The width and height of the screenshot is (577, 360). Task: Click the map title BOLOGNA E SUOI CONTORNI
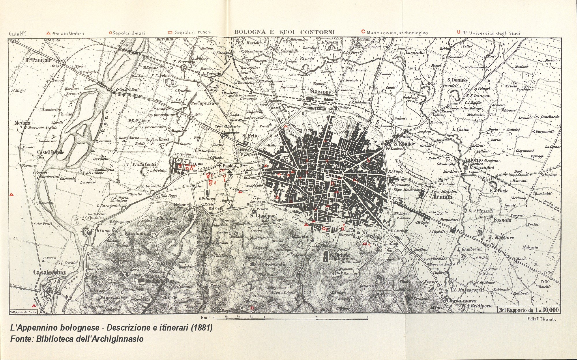tap(284, 32)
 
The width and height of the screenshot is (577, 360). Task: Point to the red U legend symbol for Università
tap(458, 32)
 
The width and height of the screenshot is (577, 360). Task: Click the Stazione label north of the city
tap(321, 92)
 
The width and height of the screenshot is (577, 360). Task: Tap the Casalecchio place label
tap(49, 272)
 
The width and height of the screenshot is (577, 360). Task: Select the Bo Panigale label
tap(38, 60)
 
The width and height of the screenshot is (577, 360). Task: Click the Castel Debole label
tap(50, 152)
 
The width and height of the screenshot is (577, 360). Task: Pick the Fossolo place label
tap(503, 220)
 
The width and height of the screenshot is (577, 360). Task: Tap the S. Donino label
tap(457, 80)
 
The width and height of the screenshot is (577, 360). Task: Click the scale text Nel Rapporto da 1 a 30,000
tap(529, 310)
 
